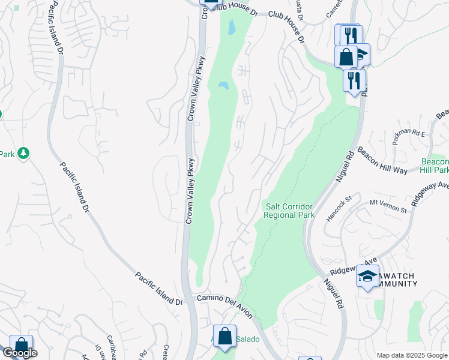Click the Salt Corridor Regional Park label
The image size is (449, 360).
(290, 211)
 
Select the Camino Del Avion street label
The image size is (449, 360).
(225, 302)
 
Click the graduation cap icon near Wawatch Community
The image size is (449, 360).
(367, 276)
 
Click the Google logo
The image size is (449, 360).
(20, 353)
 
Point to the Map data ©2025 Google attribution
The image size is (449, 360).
(412, 355)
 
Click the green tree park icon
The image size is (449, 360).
(23, 154)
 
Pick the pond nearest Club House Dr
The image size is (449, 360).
(231, 27)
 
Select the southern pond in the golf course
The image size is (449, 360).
(223, 86)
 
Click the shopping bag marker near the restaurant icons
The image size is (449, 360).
(346, 58)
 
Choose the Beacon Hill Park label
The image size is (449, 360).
(435, 166)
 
